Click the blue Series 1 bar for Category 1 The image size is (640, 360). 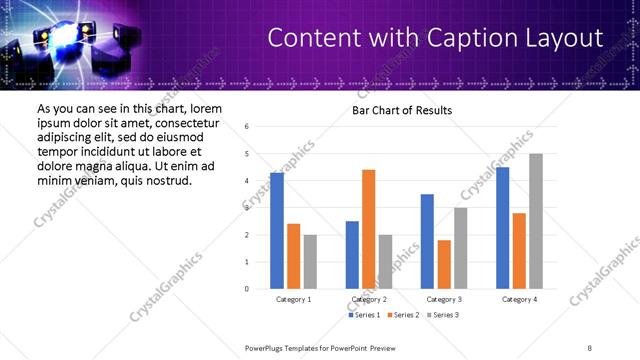point(277,231)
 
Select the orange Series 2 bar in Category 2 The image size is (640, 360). point(368,229)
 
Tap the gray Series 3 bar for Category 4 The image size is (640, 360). point(536,221)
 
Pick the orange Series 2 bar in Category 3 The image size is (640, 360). point(444,264)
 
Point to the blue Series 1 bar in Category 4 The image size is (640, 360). point(503,228)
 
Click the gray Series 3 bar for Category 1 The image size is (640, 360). point(310,262)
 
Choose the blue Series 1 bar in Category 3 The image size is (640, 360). point(427,241)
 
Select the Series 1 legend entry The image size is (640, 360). point(365,315)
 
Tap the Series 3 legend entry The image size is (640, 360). point(444,315)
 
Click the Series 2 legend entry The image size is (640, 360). point(404,315)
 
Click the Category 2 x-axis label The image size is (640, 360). point(369,299)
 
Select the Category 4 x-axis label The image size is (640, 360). point(519,299)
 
